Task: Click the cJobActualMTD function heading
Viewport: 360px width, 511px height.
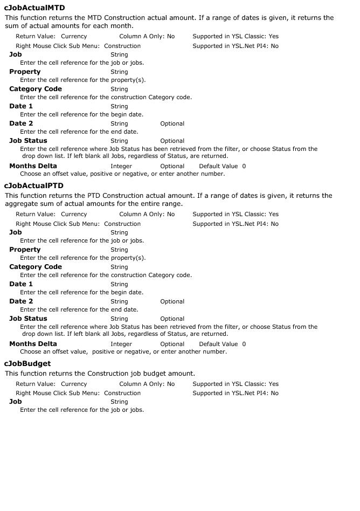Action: click(x=34, y=8)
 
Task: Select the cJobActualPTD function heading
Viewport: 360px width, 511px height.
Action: click(x=33, y=186)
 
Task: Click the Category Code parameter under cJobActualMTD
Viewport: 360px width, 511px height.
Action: click(x=36, y=89)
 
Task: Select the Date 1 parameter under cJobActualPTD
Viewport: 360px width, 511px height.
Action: click(x=21, y=284)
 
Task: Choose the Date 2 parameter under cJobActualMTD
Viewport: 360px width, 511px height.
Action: click(x=21, y=123)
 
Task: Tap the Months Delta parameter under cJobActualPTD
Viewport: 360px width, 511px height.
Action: click(x=33, y=344)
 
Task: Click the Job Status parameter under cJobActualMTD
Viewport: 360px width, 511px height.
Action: click(x=28, y=141)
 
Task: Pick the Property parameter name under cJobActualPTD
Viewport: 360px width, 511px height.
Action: click(x=25, y=250)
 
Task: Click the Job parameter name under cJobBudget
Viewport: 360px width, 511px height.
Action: click(x=16, y=402)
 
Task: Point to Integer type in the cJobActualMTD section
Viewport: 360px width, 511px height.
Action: click(x=121, y=166)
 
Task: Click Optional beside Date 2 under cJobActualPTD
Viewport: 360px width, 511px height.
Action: click(x=172, y=301)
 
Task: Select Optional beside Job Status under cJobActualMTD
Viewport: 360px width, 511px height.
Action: click(x=172, y=141)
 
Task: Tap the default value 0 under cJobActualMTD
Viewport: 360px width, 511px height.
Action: click(x=244, y=166)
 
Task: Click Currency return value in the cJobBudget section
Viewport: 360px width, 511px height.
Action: click(x=74, y=384)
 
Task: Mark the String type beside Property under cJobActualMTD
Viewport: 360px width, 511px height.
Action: click(x=119, y=72)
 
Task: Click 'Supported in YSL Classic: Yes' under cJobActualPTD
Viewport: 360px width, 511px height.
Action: click(x=236, y=214)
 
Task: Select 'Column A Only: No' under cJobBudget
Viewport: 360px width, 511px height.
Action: click(x=147, y=384)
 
